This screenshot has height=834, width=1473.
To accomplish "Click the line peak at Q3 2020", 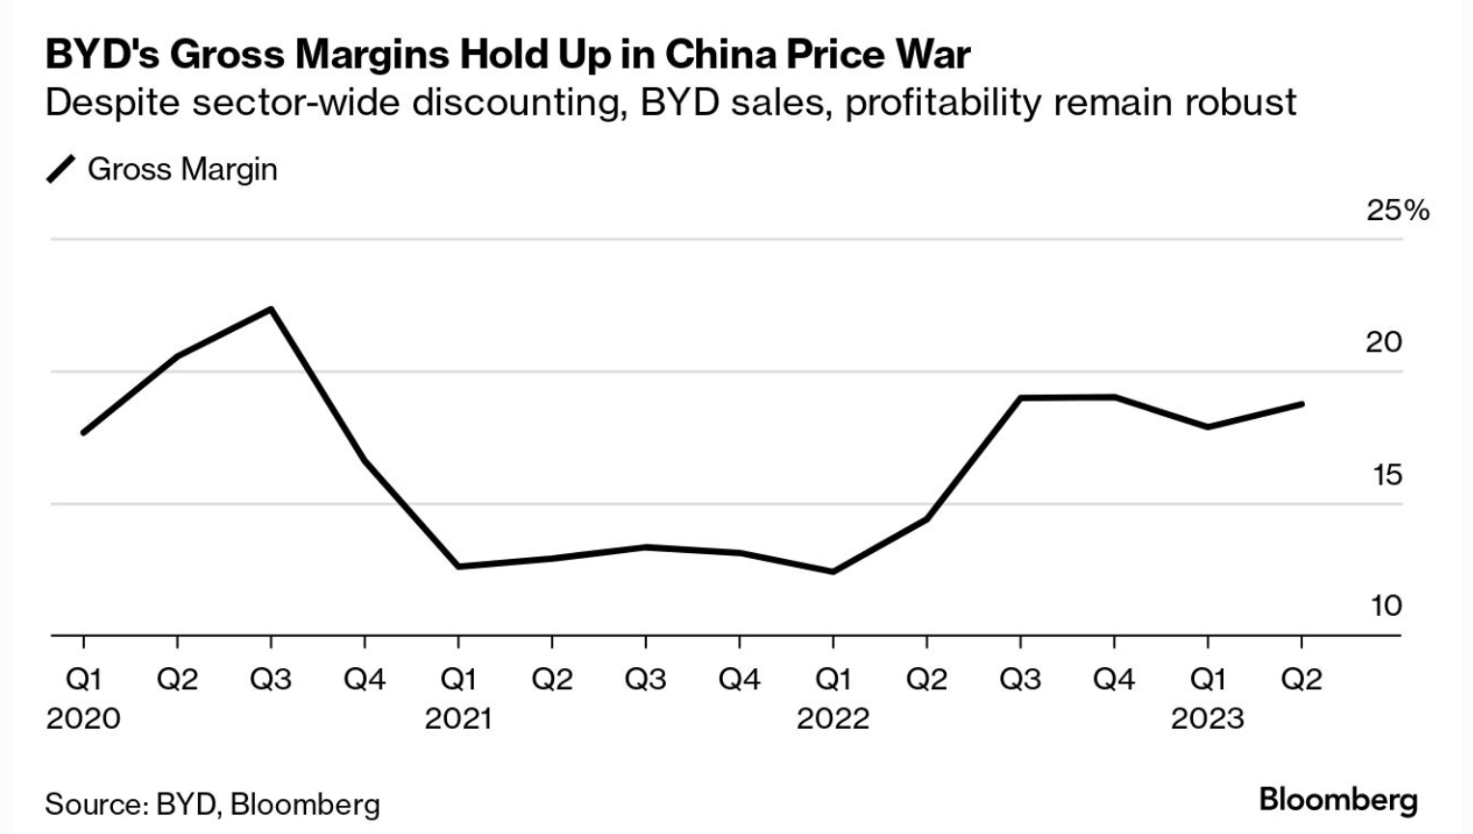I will point(271,309).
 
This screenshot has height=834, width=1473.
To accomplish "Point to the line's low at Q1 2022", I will point(832,571).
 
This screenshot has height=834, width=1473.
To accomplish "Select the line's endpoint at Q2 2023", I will point(1301,403).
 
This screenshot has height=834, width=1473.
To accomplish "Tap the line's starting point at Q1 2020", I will point(84,431).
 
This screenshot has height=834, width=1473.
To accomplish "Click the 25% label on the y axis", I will point(1397,210).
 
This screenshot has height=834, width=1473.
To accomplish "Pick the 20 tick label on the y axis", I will point(1383,342).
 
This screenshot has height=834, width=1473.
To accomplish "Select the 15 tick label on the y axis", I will point(1385,474).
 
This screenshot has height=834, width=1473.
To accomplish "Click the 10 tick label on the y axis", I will point(1385,605).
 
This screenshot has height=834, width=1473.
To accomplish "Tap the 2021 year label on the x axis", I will point(459,718).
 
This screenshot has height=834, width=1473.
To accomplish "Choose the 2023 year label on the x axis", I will point(1208,718).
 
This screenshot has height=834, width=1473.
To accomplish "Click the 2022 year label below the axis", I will point(832,718).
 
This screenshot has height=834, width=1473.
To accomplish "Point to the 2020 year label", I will point(83,718).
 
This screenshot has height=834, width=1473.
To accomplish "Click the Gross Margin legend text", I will point(182,169).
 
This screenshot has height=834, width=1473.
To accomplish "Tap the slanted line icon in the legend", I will point(61,170).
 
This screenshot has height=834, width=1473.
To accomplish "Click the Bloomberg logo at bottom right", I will point(1338,799).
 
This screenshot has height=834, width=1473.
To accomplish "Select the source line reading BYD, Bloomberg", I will point(212,804).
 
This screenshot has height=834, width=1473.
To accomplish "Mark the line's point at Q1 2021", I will point(459,566).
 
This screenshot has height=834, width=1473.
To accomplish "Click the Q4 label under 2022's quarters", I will point(1114,680).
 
